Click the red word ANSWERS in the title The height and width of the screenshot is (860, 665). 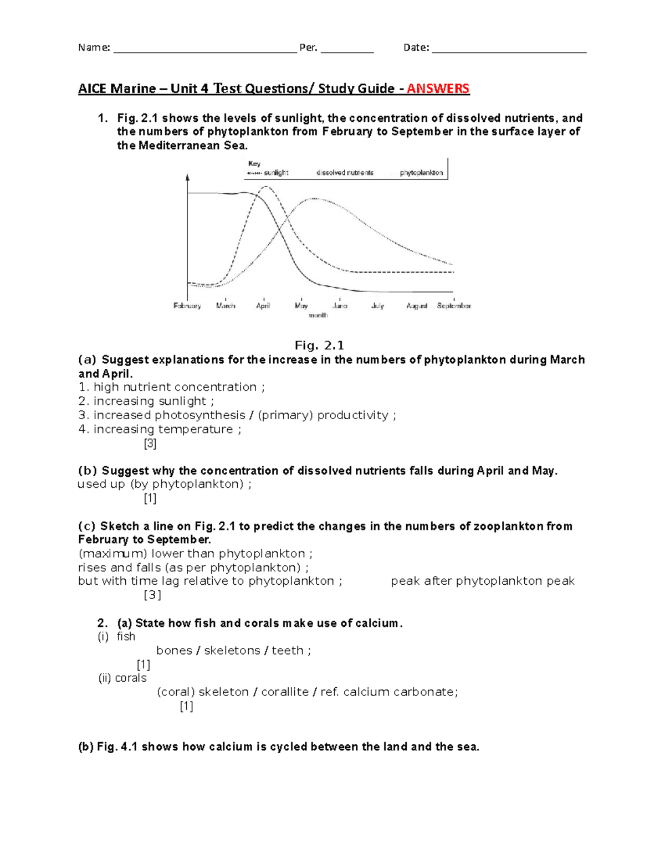(438, 89)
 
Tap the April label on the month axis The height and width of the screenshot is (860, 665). (263, 306)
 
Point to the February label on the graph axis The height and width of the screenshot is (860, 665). (187, 306)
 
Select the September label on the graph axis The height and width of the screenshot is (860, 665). (454, 306)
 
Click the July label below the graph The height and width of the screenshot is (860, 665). (377, 306)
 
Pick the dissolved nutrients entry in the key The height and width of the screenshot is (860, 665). (345, 173)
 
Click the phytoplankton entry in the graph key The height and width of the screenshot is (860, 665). (421, 173)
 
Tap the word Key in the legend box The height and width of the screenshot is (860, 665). (254, 163)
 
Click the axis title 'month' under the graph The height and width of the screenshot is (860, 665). (318, 315)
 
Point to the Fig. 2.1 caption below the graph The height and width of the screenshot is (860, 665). (319, 346)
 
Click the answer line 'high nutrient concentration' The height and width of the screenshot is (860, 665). (172, 387)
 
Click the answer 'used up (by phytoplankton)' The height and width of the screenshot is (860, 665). (165, 484)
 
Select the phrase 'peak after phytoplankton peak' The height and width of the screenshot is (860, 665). (483, 581)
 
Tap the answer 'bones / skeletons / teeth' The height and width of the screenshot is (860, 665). (233, 650)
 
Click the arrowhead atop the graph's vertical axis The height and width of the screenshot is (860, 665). (188, 177)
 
